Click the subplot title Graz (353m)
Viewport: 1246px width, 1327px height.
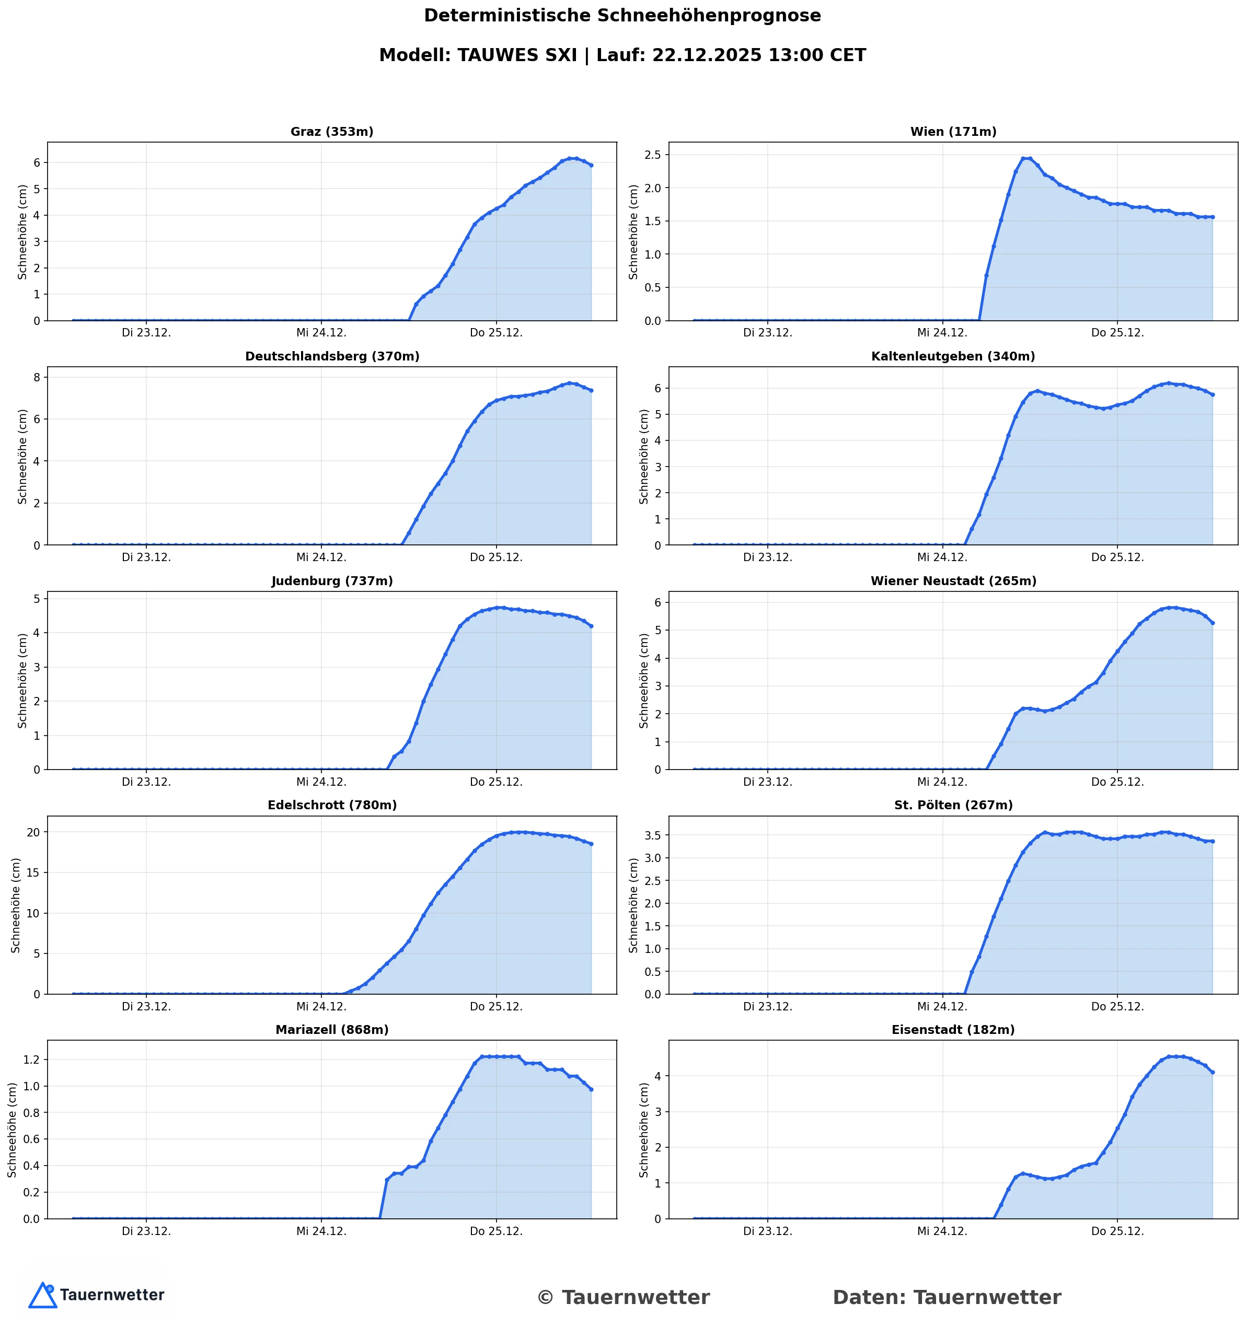pos(332,132)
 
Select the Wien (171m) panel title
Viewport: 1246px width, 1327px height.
pos(953,132)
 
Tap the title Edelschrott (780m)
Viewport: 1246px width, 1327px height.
pos(332,806)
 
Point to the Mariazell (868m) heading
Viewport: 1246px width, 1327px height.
pos(332,1030)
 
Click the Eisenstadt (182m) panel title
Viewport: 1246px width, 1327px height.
pos(953,1030)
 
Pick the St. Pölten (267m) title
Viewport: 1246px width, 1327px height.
pos(953,806)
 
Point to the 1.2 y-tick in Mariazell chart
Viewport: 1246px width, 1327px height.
pos(30,1060)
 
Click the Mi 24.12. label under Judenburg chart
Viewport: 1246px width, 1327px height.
pos(321,782)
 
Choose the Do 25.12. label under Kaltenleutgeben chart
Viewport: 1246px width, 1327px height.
pos(1117,557)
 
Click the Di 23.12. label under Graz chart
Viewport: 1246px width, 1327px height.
pos(146,333)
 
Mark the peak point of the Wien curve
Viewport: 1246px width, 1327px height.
pos(1026,159)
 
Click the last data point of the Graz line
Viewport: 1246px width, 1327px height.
pos(591,165)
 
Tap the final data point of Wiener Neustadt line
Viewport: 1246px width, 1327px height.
pos(1212,623)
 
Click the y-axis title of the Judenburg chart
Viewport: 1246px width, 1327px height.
pos(22,681)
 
